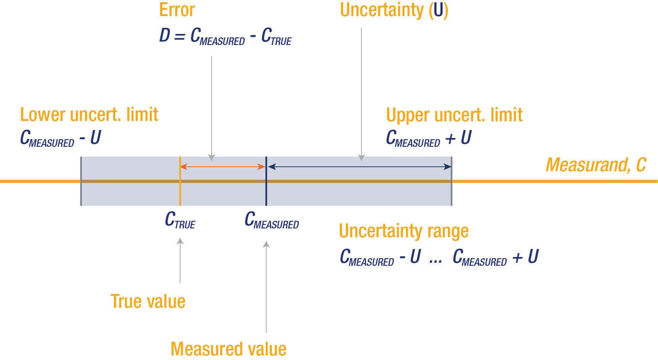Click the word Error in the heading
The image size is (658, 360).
click(177, 10)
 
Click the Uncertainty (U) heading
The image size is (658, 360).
click(394, 10)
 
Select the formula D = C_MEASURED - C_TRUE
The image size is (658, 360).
click(225, 36)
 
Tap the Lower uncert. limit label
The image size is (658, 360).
click(89, 115)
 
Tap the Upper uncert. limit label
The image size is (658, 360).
click(454, 115)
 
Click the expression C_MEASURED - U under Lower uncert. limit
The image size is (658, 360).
click(60, 138)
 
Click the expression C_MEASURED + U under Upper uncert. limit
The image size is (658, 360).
click(429, 138)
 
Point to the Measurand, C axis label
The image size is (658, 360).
click(595, 165)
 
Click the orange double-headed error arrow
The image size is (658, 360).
click(223, 167)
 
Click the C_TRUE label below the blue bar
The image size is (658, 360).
click(180, 220)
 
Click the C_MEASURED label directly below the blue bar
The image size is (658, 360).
click(271, 220)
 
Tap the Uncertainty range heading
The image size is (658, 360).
click(403, 231)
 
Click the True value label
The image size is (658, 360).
click(148, 302)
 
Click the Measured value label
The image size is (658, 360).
click(228, 349)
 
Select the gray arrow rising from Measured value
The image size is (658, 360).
click(266, 286)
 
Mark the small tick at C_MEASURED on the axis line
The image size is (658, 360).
click(266, 181)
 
